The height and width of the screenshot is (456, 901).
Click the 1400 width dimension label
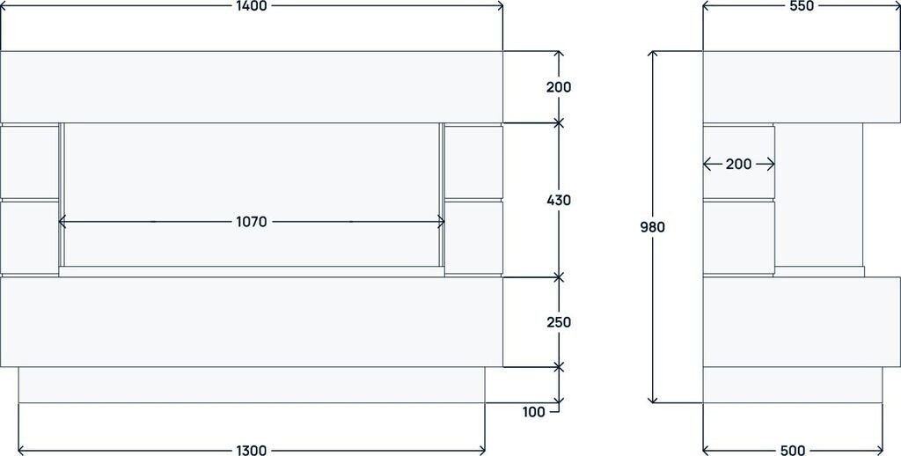pos(252,6)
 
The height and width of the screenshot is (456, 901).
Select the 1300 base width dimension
pos(252,450)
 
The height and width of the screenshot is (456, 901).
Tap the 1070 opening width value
pos(252,222)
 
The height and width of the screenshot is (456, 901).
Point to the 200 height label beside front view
pos(558,87)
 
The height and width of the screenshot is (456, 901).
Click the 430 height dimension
pos(558,200)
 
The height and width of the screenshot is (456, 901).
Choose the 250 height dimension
pos(558,322)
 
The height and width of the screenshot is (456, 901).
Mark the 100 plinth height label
pos(532,411)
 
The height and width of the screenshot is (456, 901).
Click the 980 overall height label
pos(652,227)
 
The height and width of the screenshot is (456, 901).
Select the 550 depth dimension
pos(802,6)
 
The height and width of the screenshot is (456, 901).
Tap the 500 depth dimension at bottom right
pos(792,450)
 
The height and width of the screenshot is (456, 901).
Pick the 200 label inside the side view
pos(738,164)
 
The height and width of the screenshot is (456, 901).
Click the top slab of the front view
pos(252,86)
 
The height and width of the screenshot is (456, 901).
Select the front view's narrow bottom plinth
pos(252,385)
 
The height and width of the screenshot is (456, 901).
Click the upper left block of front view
pos(29,162)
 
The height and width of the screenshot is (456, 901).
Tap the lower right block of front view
pos(473,236)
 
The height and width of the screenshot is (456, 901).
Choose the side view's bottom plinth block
pos(792,385)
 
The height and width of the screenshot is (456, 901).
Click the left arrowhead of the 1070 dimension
pos(62,222)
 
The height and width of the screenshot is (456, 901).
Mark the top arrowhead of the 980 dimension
pos(652,55)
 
